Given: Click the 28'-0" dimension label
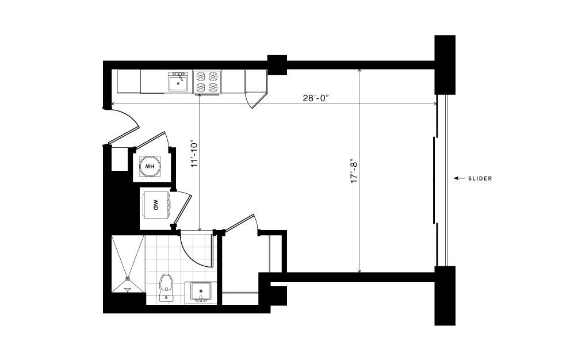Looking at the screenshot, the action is (x=316, y=98).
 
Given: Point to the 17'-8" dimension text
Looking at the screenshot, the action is (x=354, y=171).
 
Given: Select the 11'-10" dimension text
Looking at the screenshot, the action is (x=194, y=153).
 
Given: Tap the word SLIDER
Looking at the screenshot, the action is (x=480, y=178).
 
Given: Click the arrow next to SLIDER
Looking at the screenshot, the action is (x=460, y=178).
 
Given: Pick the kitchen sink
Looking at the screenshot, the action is (x=178, y=81).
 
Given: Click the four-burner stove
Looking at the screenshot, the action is (x=207, y=82).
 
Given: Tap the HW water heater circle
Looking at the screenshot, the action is (x=150, y=166).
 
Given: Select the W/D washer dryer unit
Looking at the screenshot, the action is (x=155, y=205).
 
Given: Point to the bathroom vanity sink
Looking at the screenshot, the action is (x=201, y=292).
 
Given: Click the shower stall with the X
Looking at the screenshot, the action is (x=127, y=264).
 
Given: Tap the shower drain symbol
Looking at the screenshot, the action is (x=128, y=279).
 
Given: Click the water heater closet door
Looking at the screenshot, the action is (x=150, y=140).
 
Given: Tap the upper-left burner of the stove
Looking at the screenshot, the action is (x=201, y=76).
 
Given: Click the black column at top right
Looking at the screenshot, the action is (x=445, y=65).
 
